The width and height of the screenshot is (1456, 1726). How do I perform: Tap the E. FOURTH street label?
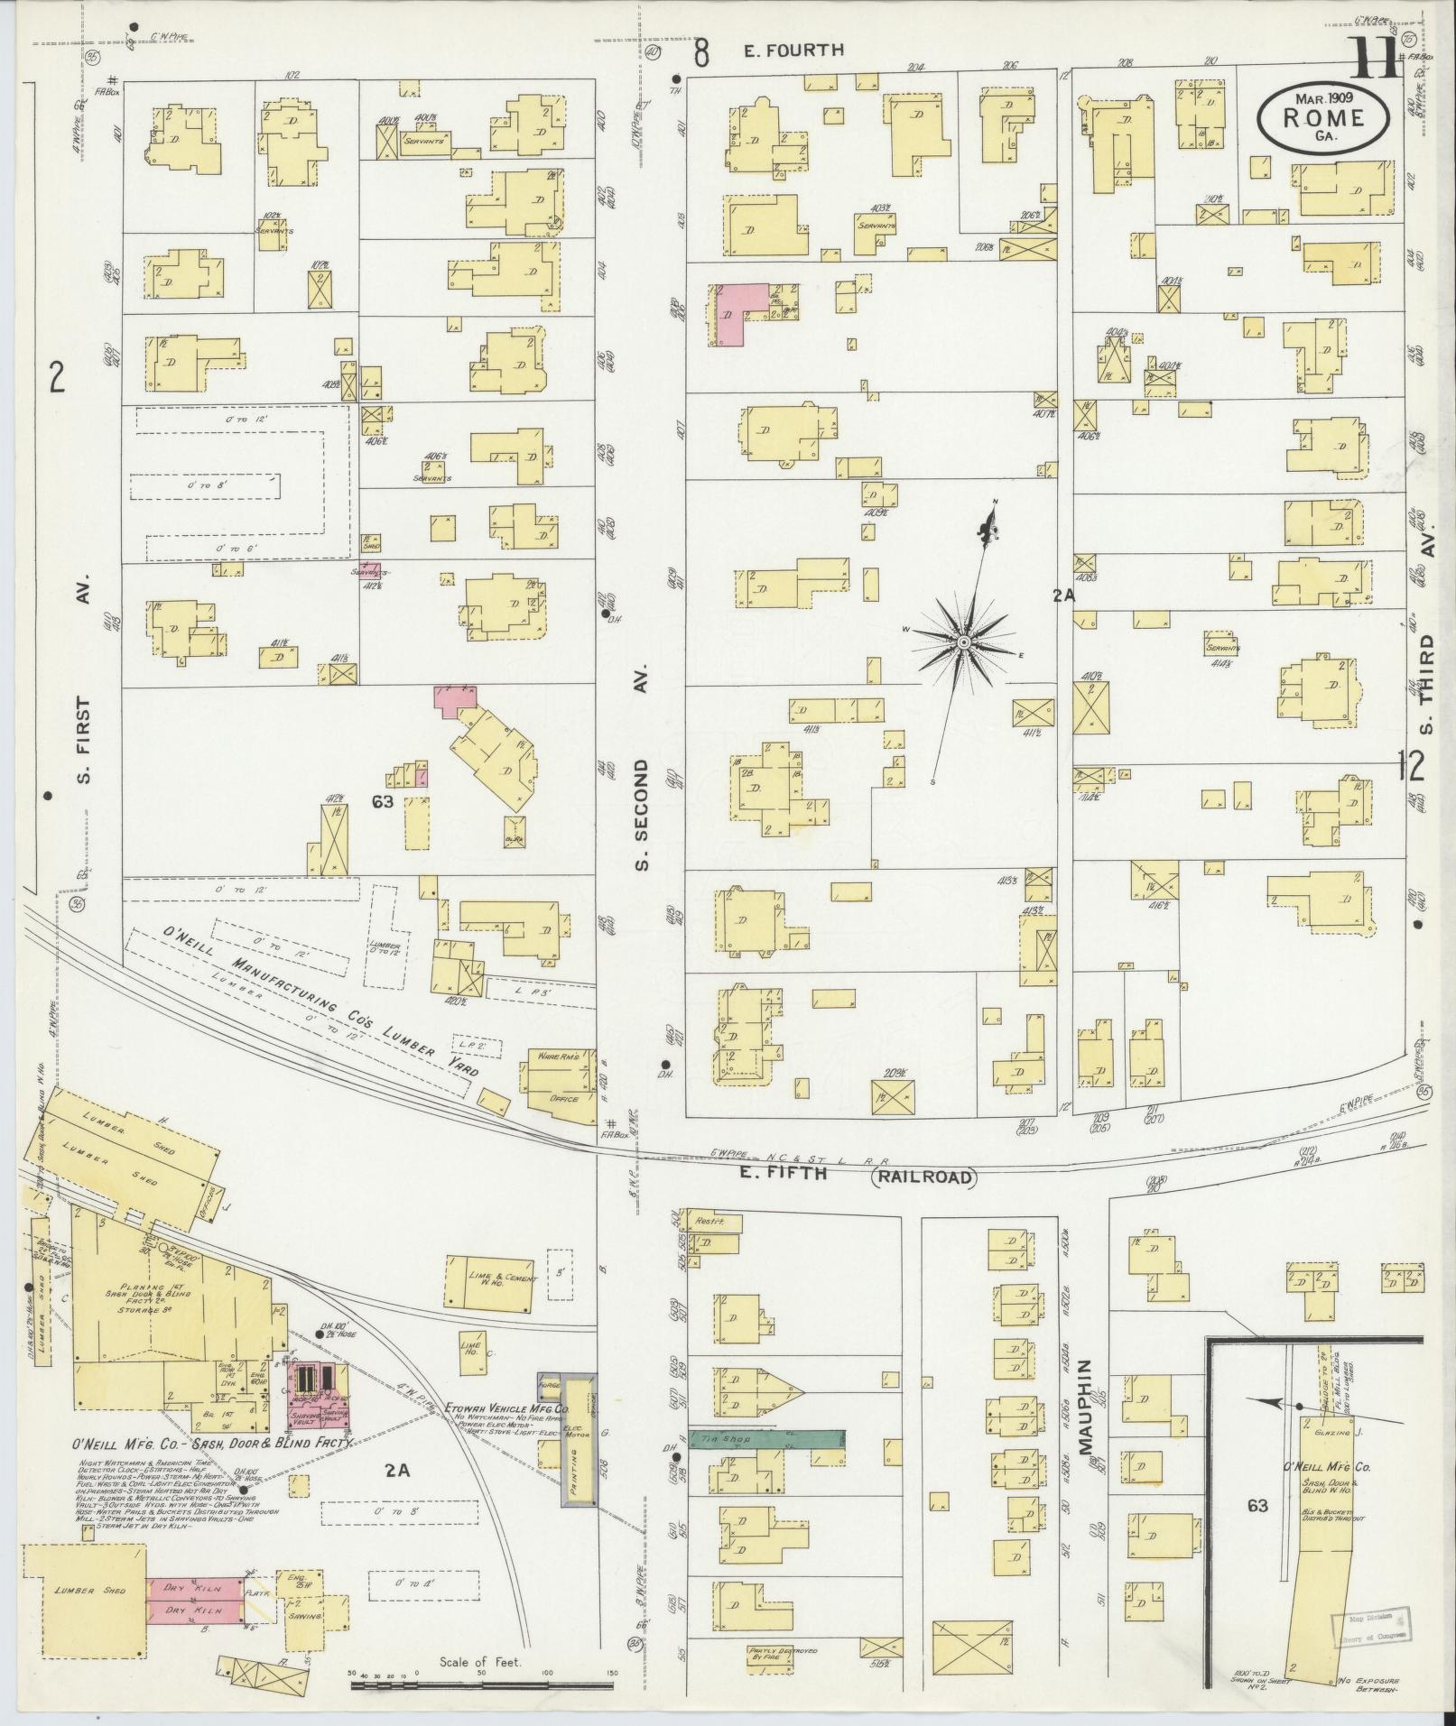tap(793, 51)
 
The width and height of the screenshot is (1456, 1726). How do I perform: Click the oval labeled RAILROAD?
tap(924, 1177)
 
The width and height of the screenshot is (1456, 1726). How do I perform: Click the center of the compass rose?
tap(964, 642)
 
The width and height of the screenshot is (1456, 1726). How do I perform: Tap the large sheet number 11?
tap(1371, 60)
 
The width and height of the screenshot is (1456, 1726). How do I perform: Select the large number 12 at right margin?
tap(1410, 765)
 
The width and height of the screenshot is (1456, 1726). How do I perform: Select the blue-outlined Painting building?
tap(579, 1452)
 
